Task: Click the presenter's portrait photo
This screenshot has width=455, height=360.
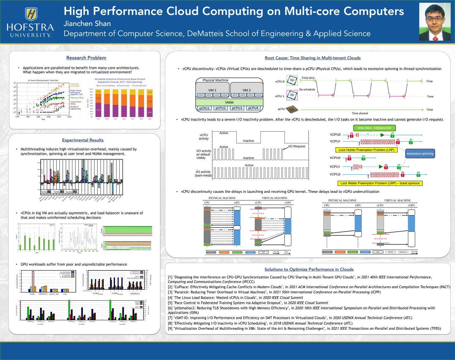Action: point(435,22)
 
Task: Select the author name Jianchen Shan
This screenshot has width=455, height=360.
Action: point(87,24)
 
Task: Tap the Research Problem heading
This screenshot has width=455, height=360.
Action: point(86,58)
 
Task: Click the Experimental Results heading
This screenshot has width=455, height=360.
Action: point(83,140)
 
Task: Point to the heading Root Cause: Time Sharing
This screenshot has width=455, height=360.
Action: point(313,58)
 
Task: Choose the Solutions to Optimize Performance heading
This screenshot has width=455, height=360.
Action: point(309,269)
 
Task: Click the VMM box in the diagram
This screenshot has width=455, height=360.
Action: point(229,102)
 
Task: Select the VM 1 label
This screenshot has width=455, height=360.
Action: point(212,90)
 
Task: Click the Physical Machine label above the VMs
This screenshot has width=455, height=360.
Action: point(215,80)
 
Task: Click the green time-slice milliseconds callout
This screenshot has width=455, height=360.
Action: point(374,128)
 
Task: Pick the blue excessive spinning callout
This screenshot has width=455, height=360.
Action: point(420,154)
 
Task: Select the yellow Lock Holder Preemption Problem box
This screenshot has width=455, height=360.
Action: point(366,150)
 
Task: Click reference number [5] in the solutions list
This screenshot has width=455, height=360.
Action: point(170,303)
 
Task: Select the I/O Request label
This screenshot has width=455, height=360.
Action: point(297,146)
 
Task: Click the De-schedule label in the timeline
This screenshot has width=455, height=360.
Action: point(307,90)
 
